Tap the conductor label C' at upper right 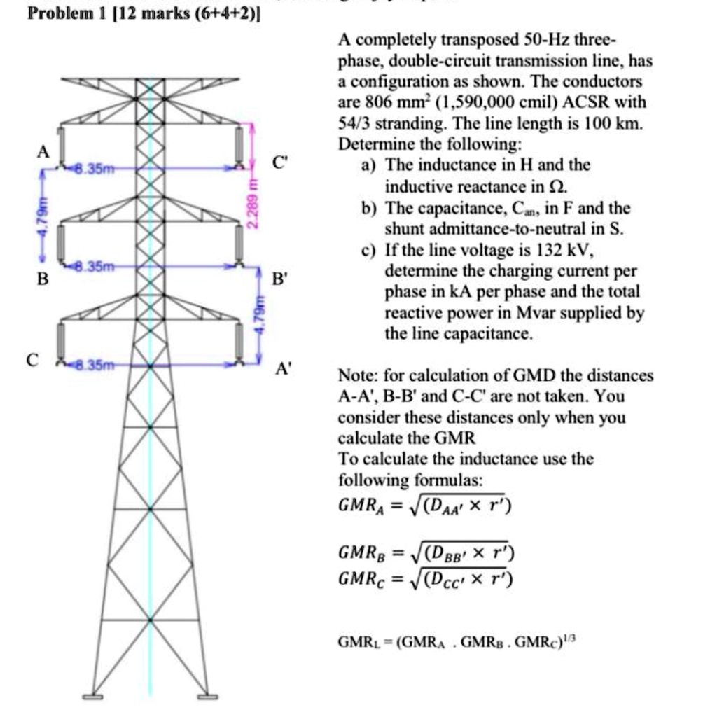(x=279, y=166)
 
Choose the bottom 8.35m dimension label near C (x=90, y=364)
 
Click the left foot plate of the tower (x=92, y=696)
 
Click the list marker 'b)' (x=370, y=208)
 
